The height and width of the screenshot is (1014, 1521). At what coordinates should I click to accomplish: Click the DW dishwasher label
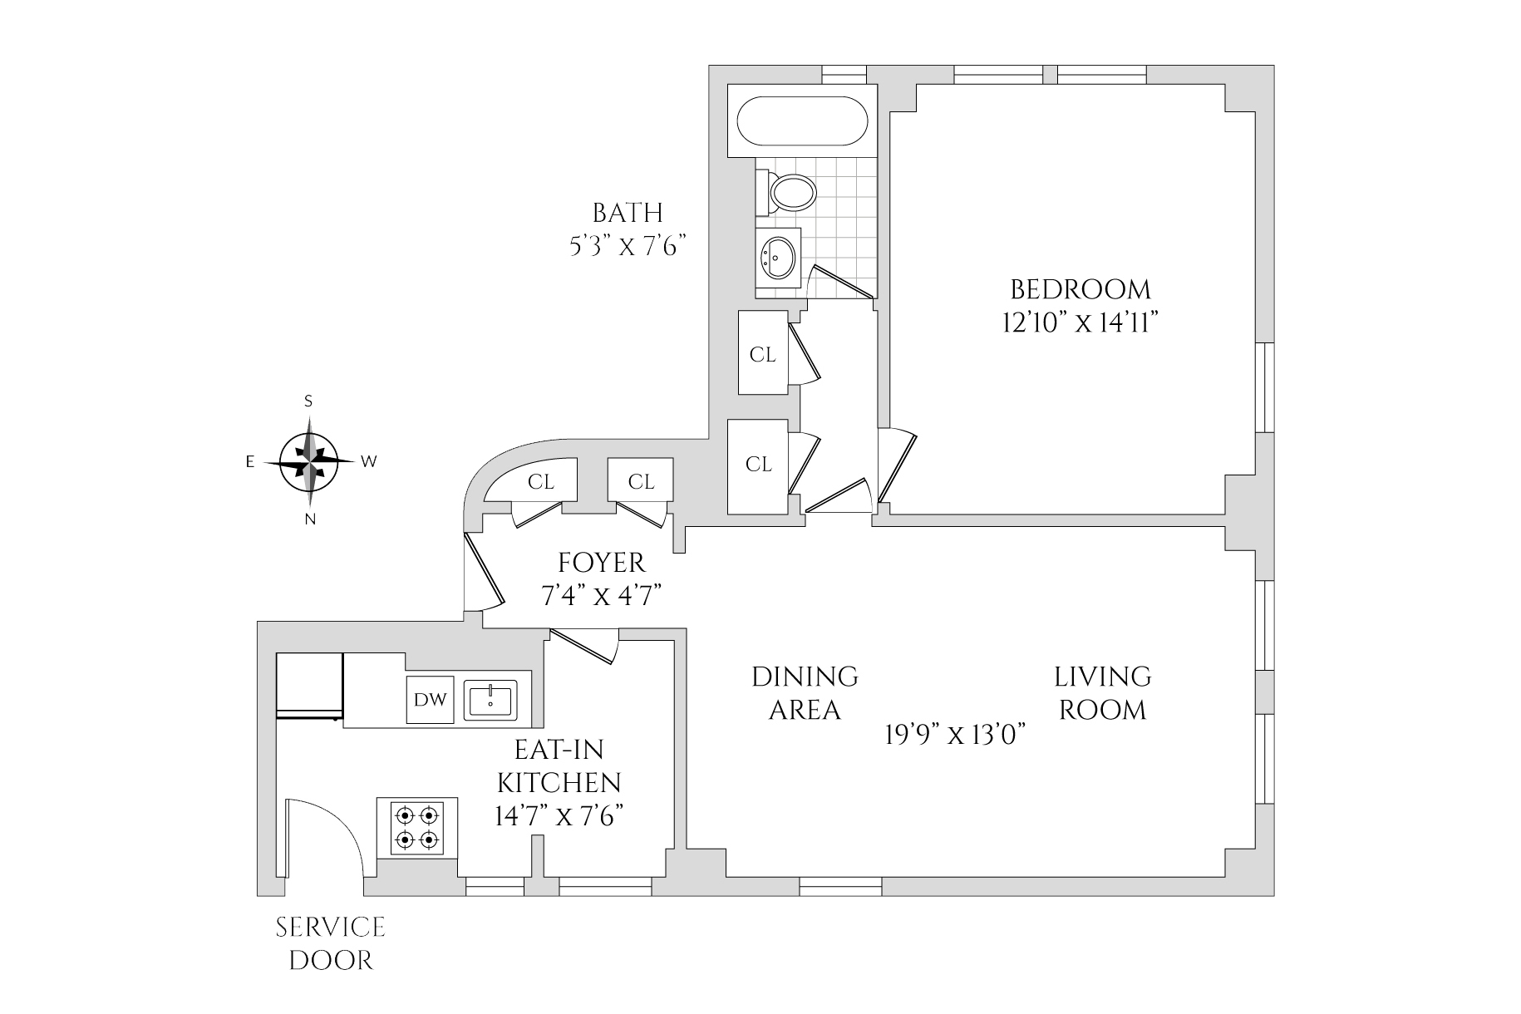431,700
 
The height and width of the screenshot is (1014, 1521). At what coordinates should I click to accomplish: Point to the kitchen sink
490,699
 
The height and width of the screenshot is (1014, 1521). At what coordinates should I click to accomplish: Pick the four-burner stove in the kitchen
417,827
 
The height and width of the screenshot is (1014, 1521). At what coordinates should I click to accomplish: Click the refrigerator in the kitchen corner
309,684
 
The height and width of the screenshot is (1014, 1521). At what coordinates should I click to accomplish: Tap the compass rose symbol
309,460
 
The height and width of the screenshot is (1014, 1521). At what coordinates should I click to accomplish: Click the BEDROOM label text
1080,290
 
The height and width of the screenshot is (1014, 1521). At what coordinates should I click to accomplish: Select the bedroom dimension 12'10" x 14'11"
1080,322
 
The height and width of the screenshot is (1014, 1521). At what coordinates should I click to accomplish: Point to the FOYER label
602,564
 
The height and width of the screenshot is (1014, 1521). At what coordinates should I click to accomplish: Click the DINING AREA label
805,693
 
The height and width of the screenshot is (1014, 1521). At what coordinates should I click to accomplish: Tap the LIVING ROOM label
1102,693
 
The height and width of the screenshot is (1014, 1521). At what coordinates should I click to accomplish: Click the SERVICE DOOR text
331,943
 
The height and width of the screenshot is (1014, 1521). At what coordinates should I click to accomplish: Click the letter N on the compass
310,520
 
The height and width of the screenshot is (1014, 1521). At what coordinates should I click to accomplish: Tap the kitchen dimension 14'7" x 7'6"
559,816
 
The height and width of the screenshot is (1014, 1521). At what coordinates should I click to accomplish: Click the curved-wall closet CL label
541,482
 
